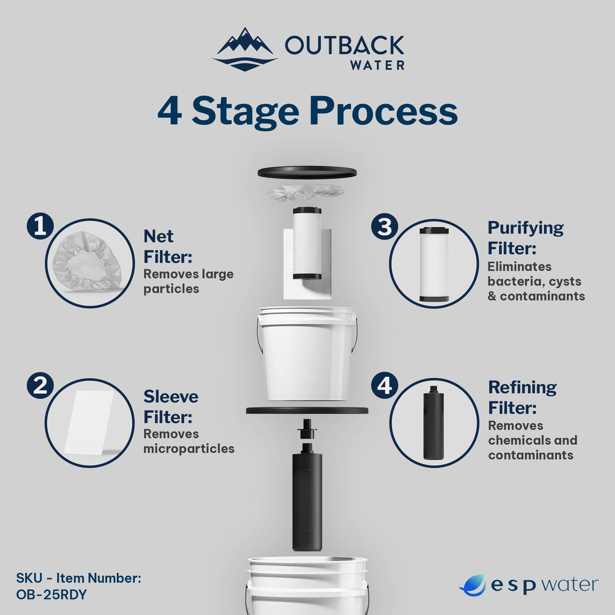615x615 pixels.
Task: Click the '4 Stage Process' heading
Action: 307,111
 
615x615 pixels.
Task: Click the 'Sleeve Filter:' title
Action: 170,406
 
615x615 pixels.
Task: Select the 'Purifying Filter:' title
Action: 525,237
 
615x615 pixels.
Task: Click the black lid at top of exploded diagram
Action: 307,172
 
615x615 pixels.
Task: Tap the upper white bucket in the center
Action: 307,354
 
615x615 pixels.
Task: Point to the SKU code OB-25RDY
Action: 51,595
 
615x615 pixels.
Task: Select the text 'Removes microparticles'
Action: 188,441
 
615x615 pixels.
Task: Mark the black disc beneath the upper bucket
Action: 307,410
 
